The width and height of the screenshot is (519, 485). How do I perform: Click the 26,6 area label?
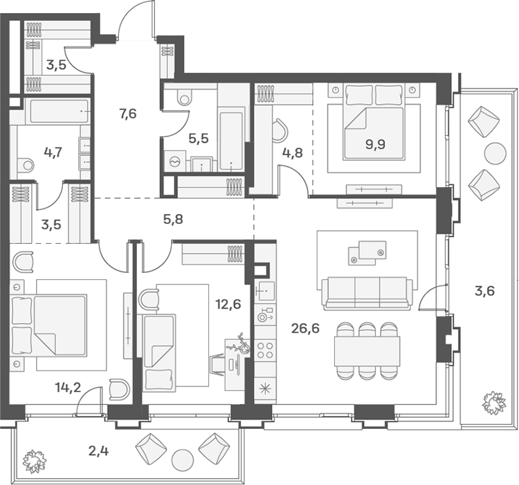tap(305, 328)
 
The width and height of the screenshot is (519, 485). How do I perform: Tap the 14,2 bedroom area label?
tap(69, 387)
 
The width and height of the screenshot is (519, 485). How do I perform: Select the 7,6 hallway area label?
tap(128, 114)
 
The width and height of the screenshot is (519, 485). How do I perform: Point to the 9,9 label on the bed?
tap(375, 145)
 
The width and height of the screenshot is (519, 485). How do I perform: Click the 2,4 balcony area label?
tap(99, 451)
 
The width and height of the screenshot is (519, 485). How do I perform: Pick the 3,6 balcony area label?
tap(484, 291)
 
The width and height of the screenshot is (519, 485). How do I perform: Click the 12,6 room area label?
tap(228, 304)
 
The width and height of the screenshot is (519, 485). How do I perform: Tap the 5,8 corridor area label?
tap(173, 219)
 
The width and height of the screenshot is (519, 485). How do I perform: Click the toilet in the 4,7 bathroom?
tap(26, 164)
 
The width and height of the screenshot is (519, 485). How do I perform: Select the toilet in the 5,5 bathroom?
tap(184, 96)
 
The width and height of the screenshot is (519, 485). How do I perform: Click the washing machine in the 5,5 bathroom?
tap(174, 161)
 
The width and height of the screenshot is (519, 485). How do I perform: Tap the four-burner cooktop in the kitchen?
tap(265, 351)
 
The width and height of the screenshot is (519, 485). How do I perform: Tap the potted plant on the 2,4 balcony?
tap(35, 461)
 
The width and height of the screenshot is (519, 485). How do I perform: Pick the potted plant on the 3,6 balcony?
tap(494, 403)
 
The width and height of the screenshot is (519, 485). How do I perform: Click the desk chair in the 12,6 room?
tap(217, 364)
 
